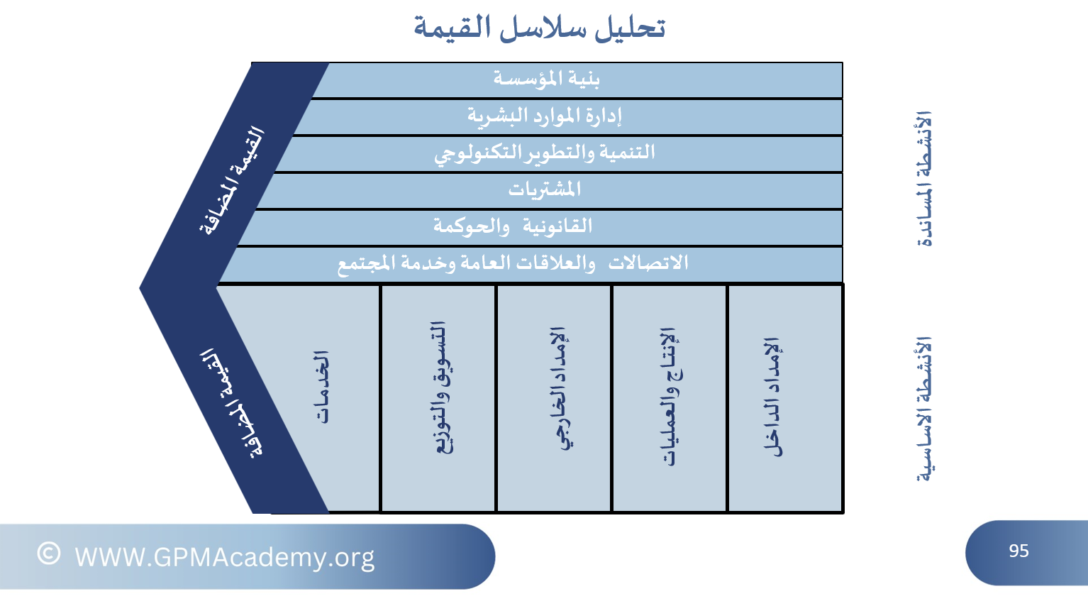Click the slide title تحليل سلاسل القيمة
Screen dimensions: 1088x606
tap(539, 27)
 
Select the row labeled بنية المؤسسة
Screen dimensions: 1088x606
tap(546, 79)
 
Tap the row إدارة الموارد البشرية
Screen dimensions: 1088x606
tap(545, 116)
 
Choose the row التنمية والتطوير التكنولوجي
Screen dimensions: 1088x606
tap(545, 153)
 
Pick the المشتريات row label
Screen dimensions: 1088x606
tap(545, 189)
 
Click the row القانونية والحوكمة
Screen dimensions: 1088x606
tap(513, 226)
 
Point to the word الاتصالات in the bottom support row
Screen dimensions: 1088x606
tap(648, 263)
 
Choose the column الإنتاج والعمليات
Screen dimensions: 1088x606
tap(671, 396)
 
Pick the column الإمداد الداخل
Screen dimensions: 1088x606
tap(772, 397)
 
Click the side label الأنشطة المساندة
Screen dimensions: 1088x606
tap(924, 179)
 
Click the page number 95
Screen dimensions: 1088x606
tap(1018, 551)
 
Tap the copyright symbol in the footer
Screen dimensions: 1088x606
tap(48, 553)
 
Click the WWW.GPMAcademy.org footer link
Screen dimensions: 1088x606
tap(224, 557)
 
